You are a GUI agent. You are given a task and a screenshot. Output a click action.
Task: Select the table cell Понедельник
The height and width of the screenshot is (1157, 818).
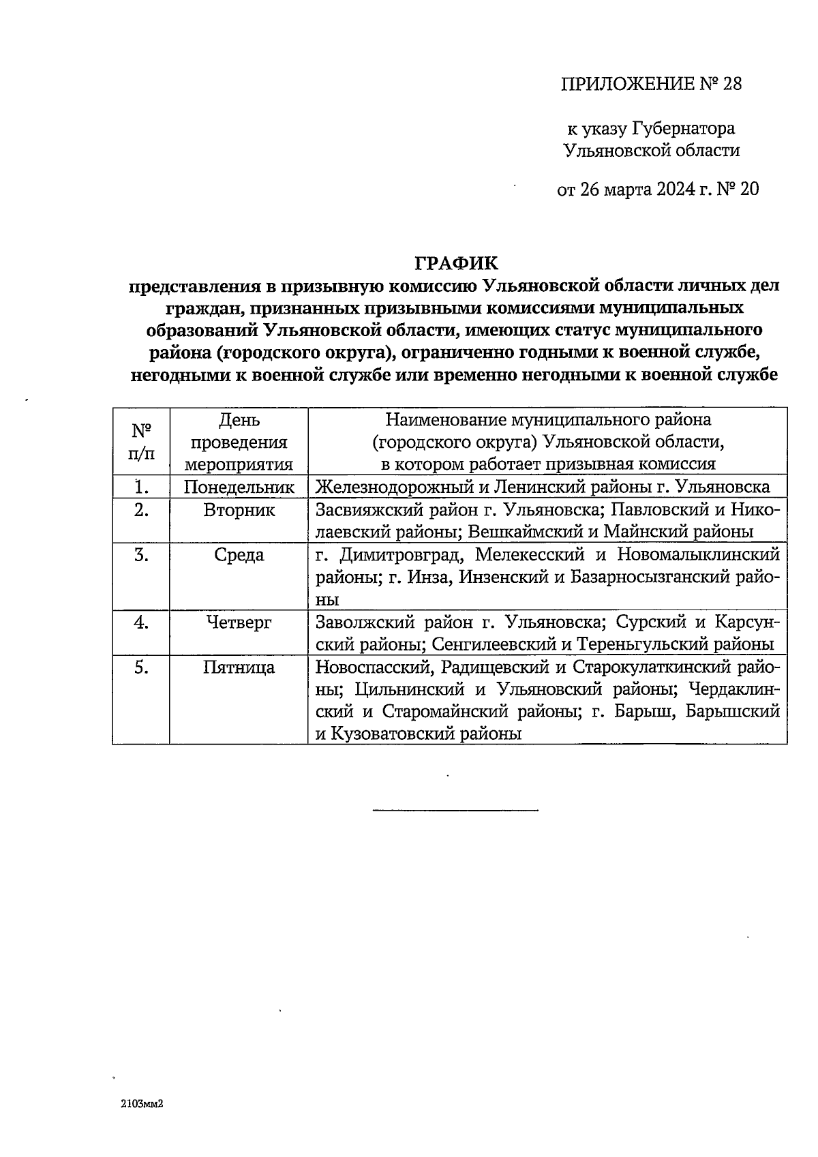click(x=239, y=487)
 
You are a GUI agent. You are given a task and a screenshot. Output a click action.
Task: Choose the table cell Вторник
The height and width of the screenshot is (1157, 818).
click(x=239, y=510)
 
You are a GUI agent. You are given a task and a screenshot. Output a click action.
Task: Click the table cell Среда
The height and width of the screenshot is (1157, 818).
click(x=239, y=555)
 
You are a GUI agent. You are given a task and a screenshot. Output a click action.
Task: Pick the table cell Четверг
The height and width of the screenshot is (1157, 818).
click(x=239, y=622)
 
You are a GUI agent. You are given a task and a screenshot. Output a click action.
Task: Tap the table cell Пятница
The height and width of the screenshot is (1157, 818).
click(x=239, y=667)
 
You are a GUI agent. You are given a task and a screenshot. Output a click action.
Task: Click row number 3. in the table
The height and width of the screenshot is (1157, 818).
click(x=141, y=555)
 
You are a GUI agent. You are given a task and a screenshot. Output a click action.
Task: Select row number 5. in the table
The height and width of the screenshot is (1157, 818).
click(x=141, y=667)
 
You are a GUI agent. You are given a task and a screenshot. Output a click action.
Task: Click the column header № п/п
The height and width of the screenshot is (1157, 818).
click(x=141, y=442)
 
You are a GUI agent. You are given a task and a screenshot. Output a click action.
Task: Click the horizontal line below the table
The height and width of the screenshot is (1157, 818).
click(x=455, y=810)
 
